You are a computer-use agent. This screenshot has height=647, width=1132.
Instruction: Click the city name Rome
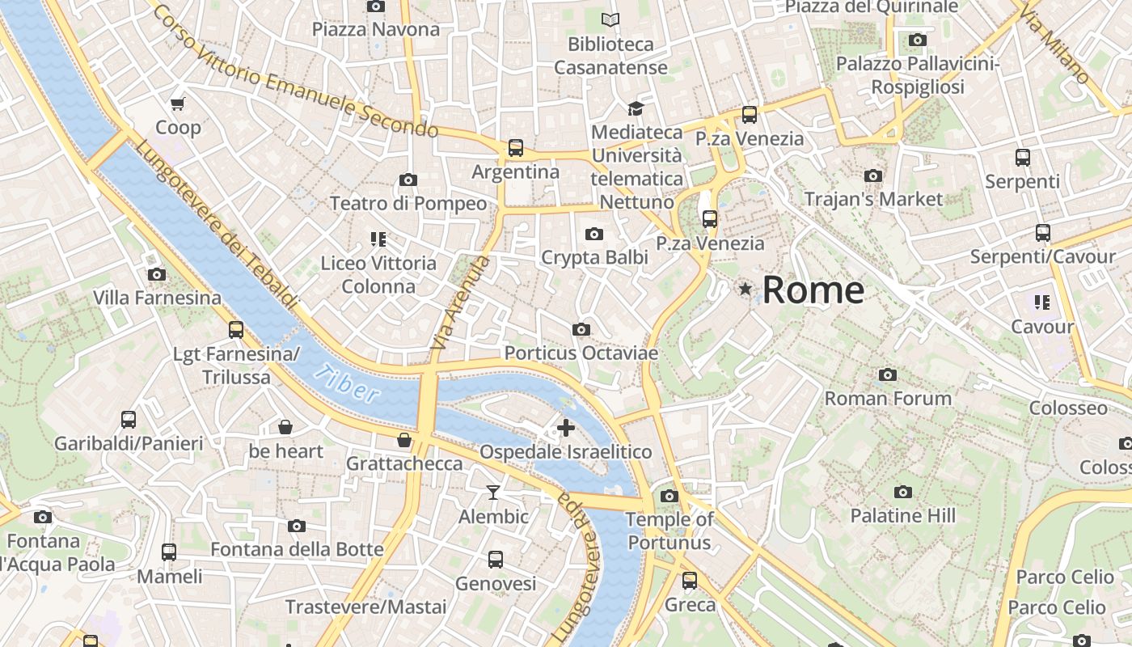pos(813,290)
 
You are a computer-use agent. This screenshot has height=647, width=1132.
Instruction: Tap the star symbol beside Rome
pos(745,289)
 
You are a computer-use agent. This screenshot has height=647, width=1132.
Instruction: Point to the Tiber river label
pos(347,383)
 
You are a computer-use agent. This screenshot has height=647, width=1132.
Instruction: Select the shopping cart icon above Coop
pos(178,104)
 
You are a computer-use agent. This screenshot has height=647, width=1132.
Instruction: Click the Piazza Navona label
pos(376,30)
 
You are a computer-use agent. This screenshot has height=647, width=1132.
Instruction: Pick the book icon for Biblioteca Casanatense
pos(611,19)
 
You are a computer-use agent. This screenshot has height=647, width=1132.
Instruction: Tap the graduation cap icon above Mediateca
pos(636,108)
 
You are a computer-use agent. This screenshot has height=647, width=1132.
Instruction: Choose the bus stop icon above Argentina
pos(516,148)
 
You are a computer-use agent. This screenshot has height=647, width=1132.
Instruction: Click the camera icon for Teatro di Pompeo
pos(408,180)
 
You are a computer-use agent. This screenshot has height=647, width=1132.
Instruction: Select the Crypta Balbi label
pos(594,257)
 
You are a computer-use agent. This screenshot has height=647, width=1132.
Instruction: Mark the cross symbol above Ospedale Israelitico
pos(566,428)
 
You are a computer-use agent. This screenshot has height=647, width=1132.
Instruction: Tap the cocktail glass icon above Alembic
pos(493,492)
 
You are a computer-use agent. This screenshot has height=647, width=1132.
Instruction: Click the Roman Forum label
pos(888,398)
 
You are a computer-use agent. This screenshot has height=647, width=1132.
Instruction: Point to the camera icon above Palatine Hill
pos(903,492)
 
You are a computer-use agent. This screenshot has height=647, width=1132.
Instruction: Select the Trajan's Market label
pos(873,199)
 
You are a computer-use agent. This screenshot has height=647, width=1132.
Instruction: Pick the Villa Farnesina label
pos(157,298)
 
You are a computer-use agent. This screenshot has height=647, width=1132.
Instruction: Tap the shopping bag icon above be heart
pos(285,427)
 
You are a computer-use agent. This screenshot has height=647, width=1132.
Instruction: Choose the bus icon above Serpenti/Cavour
pos(1043,233)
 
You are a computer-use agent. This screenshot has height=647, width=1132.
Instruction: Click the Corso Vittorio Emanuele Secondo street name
pos(294,71)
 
